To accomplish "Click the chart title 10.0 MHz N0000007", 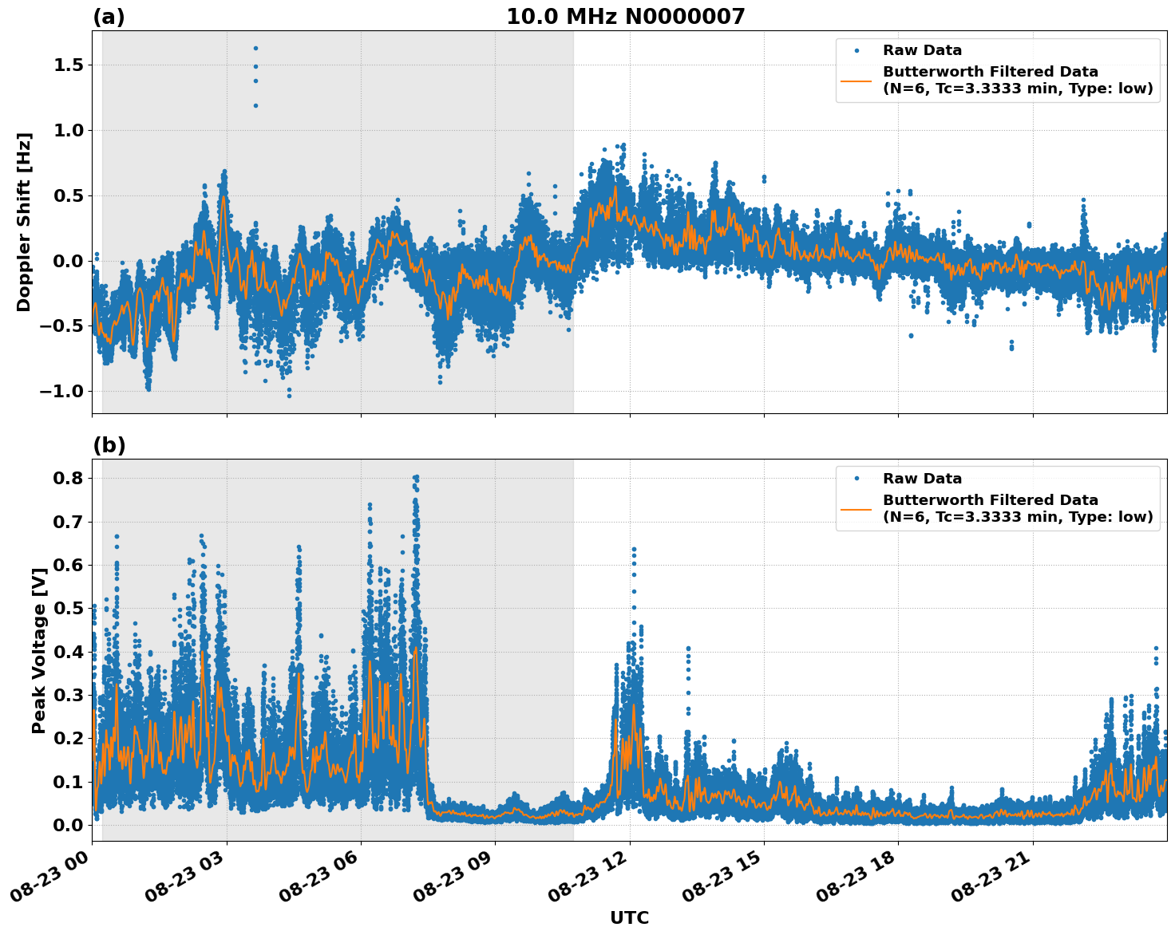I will point(625,17).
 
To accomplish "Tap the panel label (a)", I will point(109,17).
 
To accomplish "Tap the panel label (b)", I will point(109,445).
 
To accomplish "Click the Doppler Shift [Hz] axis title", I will point(24,222).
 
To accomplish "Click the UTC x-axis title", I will point(629,917).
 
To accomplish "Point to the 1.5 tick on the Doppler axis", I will point(69,65).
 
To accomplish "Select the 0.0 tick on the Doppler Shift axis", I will point(69,261).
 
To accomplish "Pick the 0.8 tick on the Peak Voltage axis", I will point(69,478).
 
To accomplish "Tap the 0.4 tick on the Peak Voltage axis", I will point(69,652).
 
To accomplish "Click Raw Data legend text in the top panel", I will point(922,50).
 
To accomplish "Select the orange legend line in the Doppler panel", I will point(857,80).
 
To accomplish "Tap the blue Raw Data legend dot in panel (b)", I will point(857,479).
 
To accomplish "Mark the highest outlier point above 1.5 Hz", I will point(255,48).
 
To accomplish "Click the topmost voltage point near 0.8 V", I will point(416,477).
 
